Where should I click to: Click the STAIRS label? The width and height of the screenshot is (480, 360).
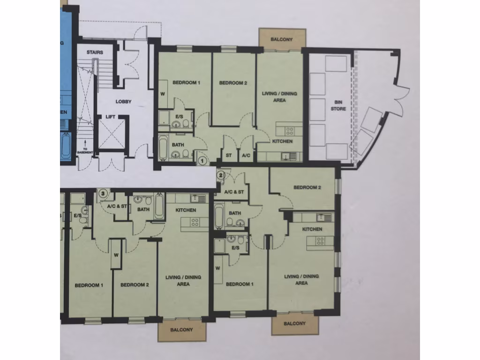pyautogui.click(x=95, y=52)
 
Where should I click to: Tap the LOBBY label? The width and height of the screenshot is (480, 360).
pyautogui.click(x=124, y=102)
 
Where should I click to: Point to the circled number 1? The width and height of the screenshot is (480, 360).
pyautogui.click(x=202, y=160)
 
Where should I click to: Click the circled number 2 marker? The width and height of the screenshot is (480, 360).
pyautogui.click(x=221, y=175)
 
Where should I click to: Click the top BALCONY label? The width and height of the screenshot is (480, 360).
pyautogui.click(x=282, y=39)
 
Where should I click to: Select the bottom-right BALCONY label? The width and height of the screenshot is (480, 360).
pyautogui.click(x=294, y=323)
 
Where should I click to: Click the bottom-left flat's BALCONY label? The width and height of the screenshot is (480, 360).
pyautogui.click(x=181, y=330)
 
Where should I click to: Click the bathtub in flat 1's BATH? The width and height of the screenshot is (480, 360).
pyautogui.click(x=163, y=148)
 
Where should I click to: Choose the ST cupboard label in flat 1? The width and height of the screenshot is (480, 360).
pyautogui.click(x=229, y=155)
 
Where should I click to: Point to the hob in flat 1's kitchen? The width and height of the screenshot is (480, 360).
pyautogui.click(x=290, y=131)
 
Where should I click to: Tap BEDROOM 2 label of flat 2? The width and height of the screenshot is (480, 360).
pyautogui.click(x=307, y=187)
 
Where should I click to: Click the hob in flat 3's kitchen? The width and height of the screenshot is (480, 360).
pyautogui.click(x=194, y=222)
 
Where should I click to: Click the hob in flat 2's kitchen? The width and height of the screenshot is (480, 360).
pyautogui.click(x=321, y=241)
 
